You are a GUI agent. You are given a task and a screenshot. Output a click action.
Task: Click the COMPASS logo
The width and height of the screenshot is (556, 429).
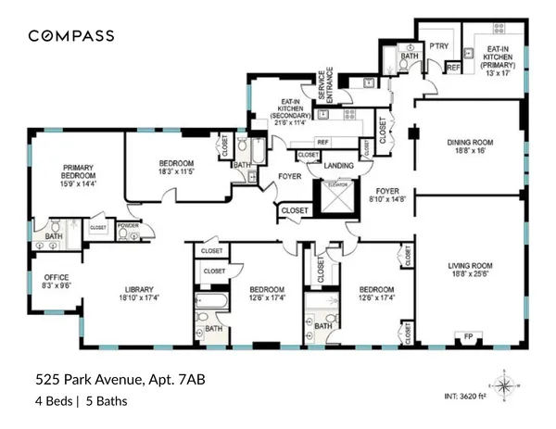point(70,36)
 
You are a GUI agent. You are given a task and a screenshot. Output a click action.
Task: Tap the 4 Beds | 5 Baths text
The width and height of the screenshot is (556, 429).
point(81,401)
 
